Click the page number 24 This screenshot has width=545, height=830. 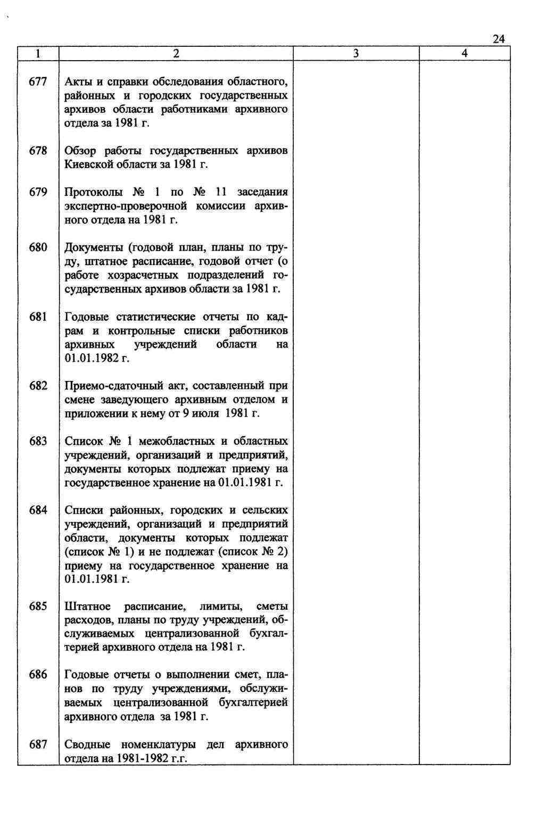(x=498, y=39)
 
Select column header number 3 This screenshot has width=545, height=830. (x=356, y=53)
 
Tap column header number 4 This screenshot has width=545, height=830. (x=465, y=53)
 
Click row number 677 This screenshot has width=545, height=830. (x=38, y=82)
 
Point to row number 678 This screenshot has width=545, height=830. (x=38, y=151)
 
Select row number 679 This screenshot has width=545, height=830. (x=38, y=192)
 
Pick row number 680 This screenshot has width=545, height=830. (x=38, y=247)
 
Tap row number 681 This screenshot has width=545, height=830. (x=38, y=317)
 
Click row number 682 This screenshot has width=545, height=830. (x=38, y=386)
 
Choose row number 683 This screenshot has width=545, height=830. (x=38, y=441)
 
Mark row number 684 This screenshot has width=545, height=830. (x=38, y=510)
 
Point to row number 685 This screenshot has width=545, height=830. (x=38, y=607)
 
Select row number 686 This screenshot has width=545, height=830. (x=38, y=675)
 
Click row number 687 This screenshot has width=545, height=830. (x=38, y=744)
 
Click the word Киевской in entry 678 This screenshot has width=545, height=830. (x=88, y=164)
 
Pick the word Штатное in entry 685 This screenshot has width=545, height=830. (x=87, y=607)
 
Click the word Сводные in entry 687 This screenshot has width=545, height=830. (x=87, y=744)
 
